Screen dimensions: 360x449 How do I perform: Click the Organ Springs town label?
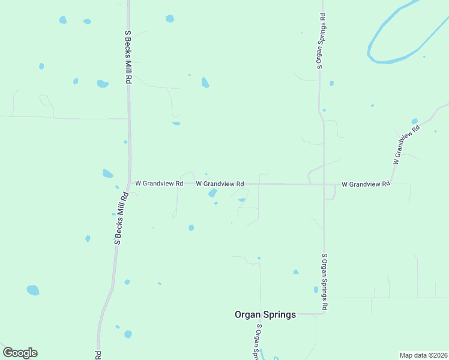tap(265, 314)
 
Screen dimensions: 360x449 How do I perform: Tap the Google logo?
tap(20, 353)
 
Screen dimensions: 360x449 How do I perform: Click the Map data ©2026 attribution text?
tap(424, 355)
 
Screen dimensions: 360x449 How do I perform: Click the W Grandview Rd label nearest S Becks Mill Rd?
tap(158, 184)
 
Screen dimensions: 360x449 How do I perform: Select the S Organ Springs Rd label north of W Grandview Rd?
tap(322, 41)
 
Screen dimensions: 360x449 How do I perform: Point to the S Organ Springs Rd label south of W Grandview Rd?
tap(324, 281)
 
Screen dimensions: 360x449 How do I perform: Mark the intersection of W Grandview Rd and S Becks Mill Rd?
tap(129, 184)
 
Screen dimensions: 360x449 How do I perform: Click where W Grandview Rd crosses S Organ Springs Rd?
tap(324, 184)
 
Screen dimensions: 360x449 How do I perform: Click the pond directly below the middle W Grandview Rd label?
tap(212, 193)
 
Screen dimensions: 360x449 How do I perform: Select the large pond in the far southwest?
tap(33, 290)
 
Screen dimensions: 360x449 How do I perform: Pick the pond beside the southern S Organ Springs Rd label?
tap(316, 290)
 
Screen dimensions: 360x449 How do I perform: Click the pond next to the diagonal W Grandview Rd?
tap(414, 121)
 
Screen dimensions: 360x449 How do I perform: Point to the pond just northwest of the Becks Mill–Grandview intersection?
tap(107, 174)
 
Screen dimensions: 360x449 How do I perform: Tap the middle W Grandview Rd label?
tap(220, 184)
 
